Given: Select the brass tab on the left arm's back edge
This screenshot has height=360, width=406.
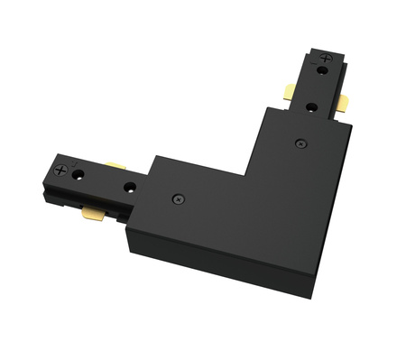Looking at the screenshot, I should [x=115, y=166].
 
